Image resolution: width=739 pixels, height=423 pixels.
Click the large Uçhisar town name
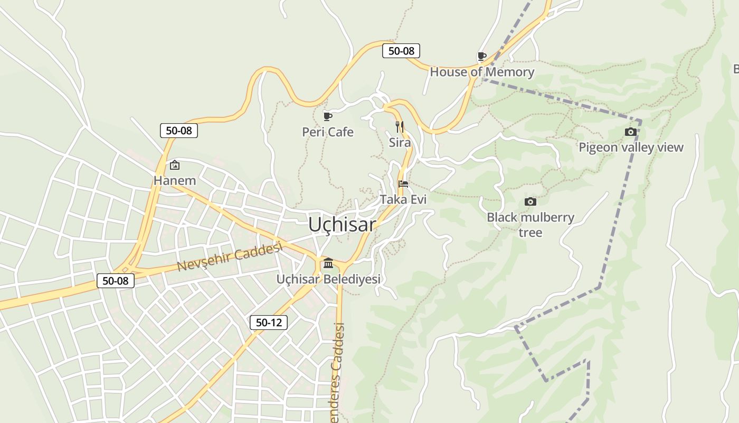pos(342,225)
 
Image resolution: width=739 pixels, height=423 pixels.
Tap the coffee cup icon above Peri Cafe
pos(328,116)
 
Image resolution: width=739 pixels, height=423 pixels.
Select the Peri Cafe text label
pos(328,132)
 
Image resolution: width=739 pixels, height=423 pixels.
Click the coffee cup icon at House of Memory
pos(481,56)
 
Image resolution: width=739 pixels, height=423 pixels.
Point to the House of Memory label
pos(482,72)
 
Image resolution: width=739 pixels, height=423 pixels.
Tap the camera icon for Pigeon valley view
pos(630,132)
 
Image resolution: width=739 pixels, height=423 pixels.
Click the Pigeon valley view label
pos(631,148)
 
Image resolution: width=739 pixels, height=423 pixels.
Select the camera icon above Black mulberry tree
pos(530,201)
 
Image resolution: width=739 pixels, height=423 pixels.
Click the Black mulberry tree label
pos(530,225)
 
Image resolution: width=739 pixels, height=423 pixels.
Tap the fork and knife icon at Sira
pos(400,127)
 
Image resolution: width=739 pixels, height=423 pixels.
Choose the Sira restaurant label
pos(400,142)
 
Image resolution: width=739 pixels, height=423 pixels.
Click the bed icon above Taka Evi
pos(403,184)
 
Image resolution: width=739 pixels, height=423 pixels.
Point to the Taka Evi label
pos(403,199)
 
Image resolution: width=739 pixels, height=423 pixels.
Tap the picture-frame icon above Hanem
pos(175,165)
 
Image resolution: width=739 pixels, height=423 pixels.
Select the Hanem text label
pos(175,181)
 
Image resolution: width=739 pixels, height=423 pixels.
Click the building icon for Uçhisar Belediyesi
pos(328,263)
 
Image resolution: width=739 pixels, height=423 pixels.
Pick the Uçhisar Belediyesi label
pos(328,279)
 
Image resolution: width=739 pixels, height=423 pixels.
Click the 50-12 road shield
pos(269,323)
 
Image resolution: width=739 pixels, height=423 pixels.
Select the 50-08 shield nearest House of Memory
pos(401,51)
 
